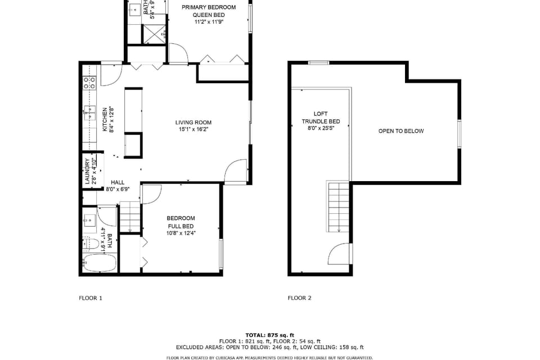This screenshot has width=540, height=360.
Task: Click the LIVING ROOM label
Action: tap(193, 122)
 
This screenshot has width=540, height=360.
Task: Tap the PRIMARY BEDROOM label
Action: tap(208, 7)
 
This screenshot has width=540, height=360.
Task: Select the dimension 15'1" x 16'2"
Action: tap(193, 129)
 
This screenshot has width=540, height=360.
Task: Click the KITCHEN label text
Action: tap(105, 119)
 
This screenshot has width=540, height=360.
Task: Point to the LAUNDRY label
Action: tap(87, 171)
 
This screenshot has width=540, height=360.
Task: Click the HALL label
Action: tap(118, 182)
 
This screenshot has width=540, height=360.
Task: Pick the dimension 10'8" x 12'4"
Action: tap(181, 233)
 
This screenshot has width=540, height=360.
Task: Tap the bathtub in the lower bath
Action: tap(100, 263)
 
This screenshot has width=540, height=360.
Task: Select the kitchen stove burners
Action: tap(89, 83)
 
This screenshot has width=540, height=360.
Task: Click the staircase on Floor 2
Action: tap(339, 205)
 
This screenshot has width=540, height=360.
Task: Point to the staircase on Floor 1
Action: tap(129, 217)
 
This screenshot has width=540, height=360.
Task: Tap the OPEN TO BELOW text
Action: tap(400, 131)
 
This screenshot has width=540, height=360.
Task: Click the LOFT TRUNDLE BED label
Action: tap(321, 118)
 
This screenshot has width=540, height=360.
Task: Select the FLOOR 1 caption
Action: tap(91, 298)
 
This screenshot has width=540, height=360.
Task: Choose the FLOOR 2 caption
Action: tap(299, 298)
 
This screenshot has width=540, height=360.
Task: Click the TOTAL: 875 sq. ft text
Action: tap(269, 335)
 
